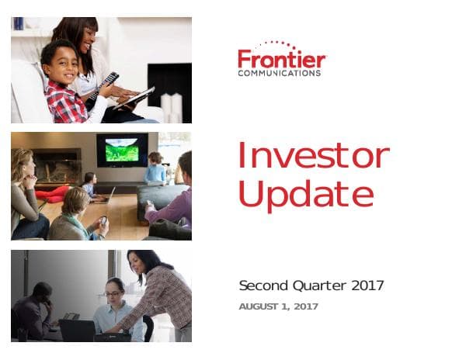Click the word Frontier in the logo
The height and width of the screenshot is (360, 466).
[x=281, y=60]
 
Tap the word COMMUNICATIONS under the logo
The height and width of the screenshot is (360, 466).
[x=279, y=74]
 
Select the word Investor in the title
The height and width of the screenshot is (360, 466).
[x=313, y=156]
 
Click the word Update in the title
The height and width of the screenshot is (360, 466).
[x=305, y=194]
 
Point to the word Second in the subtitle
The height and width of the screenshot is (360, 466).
[x=263, y=286]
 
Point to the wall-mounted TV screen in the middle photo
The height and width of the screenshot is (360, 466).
[x=122, y=149]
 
